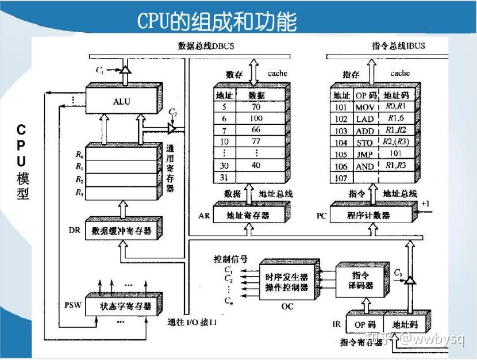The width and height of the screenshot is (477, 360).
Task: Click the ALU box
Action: [x=122, y=101]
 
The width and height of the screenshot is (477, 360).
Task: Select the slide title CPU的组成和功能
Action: [x=217, y=22]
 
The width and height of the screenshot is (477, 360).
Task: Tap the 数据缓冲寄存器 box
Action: [x=121, y=231]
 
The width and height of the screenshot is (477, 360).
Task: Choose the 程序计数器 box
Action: [x=368, y=216]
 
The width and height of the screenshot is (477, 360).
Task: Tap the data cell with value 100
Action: [x=256, y=117]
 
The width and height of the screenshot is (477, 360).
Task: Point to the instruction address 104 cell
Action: [x=341, y=142]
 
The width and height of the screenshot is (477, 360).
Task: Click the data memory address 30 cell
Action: [x=224, y=165]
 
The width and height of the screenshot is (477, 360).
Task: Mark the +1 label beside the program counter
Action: [x=425, y=204]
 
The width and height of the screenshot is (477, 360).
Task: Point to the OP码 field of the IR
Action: [x=364, y=324]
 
